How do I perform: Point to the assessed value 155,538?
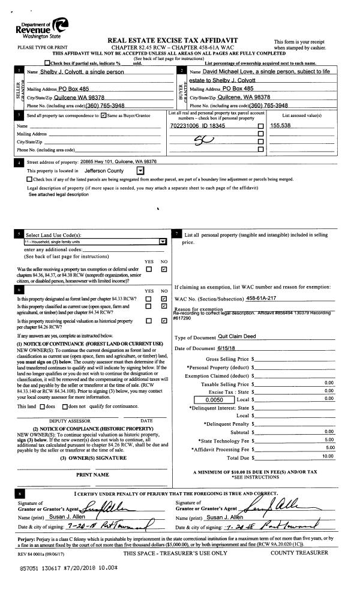(x=280, y=125)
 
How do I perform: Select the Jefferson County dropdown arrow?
(x=140, y=171)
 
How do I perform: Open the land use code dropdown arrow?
(x=161, y=242)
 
